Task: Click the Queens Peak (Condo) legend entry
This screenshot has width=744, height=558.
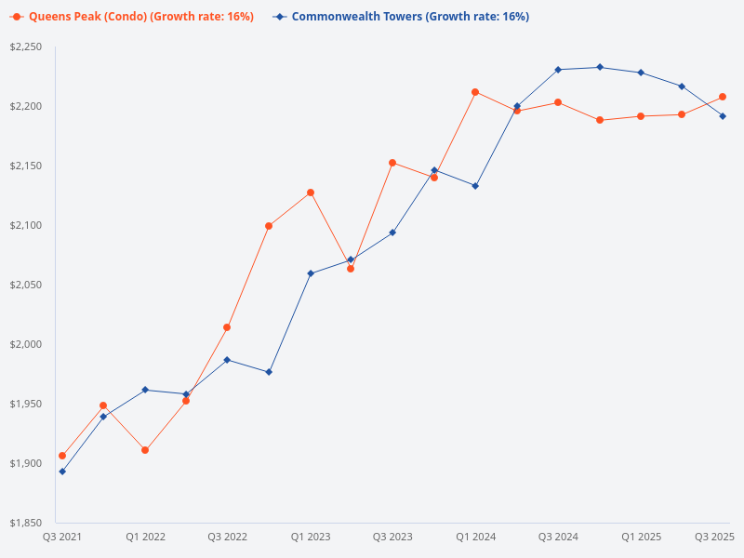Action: click(131, 17)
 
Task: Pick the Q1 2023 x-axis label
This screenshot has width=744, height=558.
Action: click(311, 538)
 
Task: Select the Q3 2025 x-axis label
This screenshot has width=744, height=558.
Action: click(715, 538)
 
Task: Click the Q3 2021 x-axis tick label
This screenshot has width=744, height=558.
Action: click(62, 538)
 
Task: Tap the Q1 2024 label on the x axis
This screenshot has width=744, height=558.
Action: click(475, 538)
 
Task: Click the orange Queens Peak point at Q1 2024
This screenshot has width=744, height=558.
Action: click(475, 92)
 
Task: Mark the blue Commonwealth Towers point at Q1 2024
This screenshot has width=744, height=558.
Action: click(475, 186)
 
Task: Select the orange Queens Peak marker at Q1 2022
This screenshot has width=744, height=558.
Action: click(145, 450)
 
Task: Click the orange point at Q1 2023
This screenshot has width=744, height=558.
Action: click(311, 193)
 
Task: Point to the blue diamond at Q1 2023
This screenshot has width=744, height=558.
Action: click(311, 273)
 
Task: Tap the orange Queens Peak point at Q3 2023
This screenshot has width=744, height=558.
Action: click(392, 163)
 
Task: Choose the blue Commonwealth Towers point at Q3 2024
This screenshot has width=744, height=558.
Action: click(558, 70)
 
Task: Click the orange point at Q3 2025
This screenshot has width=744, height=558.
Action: click(723, 97)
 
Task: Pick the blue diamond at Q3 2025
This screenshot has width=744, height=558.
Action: click(723, 116)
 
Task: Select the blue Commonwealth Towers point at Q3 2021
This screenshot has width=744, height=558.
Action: click(62, 472)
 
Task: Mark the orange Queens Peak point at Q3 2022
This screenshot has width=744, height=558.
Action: click(227, 327)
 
